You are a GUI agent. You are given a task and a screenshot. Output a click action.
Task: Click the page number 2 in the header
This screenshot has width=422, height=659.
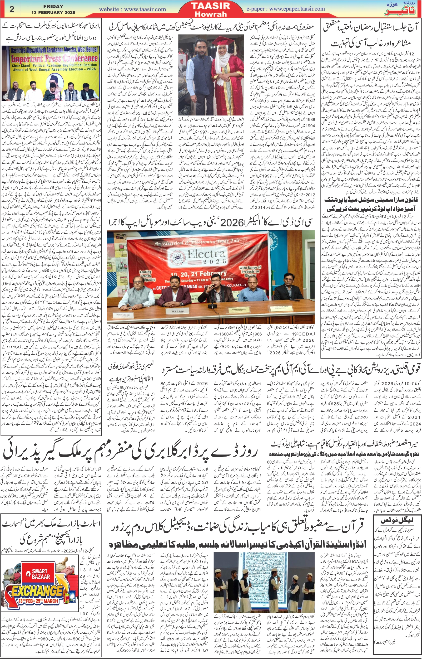coord(12,9)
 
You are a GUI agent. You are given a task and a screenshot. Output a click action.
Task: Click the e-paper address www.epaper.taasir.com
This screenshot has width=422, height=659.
coord(297,9)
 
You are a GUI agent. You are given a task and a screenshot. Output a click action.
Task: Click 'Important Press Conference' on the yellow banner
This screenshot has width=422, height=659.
coord(54,59)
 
